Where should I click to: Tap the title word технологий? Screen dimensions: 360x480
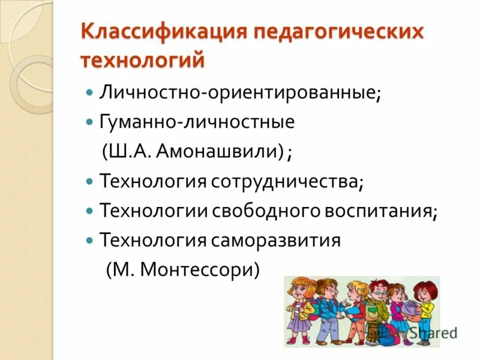pyautogui.click(x=142, y=60)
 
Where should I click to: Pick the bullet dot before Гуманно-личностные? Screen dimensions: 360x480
pyautogui.click(x=89, y=122)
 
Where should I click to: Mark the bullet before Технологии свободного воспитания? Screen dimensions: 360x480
pyautogui.click(x=89, y=211)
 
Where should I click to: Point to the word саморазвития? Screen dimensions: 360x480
pyautogui.click(x=276, y=240)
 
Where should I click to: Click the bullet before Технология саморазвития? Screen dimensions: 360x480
pyautogui.click(x=89, y=240)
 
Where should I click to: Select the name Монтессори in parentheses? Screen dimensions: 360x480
pyautogui.click(x=197, y=269)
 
